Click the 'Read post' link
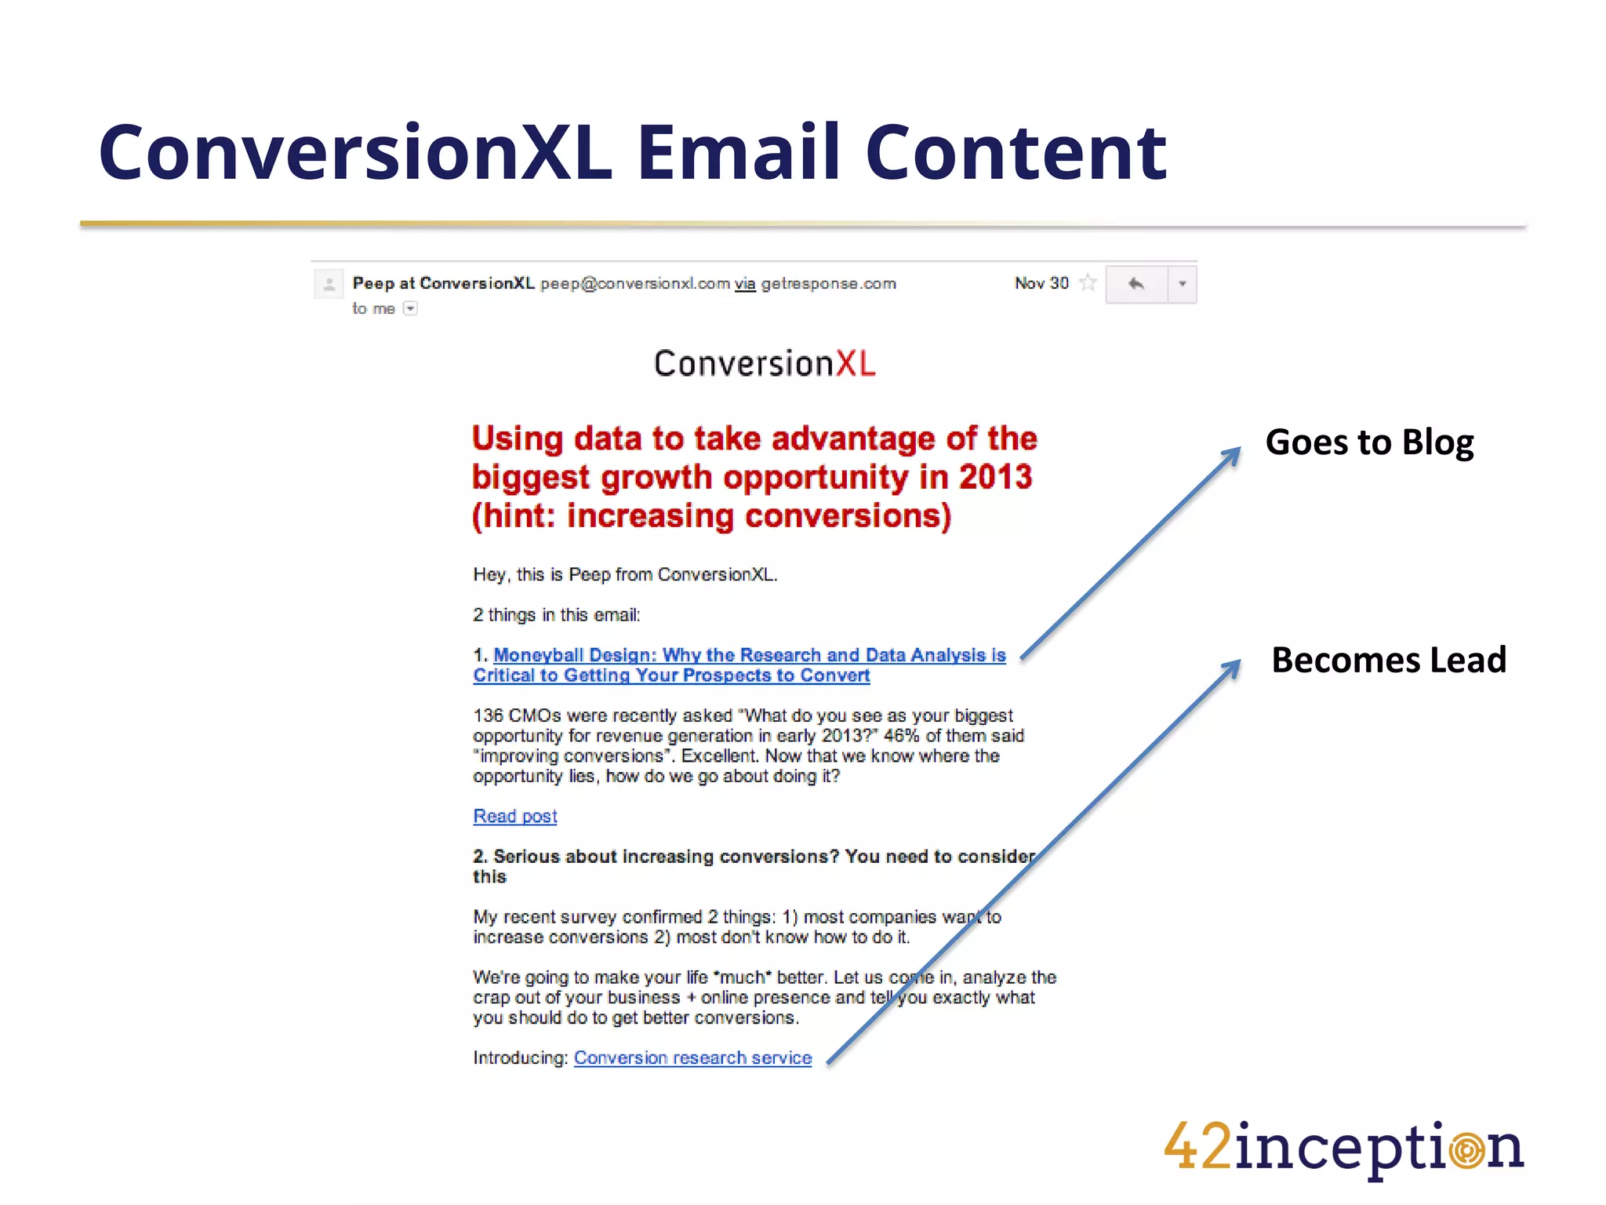tap(515, 817)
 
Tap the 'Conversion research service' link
tap(692, 1058)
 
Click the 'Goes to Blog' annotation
tap(1369, 442)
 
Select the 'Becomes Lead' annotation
tap(1389, 660)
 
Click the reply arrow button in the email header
tap(1136, 284)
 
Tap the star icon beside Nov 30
tap(1088, 283)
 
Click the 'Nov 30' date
tap(1041, 283)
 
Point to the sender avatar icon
tap(329, 284)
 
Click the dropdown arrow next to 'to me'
tap(410, 309)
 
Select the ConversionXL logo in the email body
tap(765, 364)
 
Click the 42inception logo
tap(1343, 1149)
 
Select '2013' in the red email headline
tap(995, 477)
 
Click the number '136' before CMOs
tap(488, 715)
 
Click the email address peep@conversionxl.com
tap(635, 284)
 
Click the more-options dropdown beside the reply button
tap(1182, 284)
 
